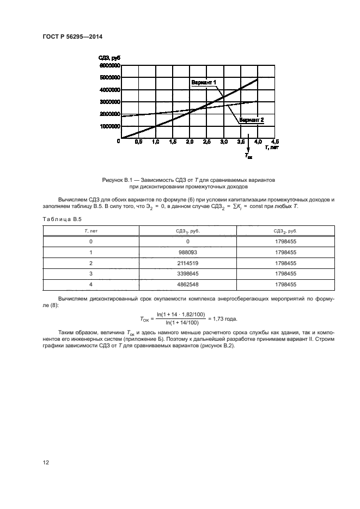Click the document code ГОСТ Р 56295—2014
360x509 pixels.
coord(72,37)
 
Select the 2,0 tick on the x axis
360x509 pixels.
coord(190,142)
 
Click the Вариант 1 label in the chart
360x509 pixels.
coord(204,82)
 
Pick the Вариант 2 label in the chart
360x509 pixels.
coord(252,119)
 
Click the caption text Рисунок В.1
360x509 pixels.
coord(119,179)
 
